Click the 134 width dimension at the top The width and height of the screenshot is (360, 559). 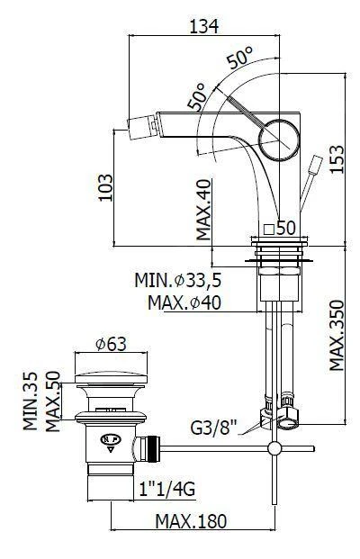coord(203,26)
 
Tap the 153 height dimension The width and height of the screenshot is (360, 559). coord(337,159)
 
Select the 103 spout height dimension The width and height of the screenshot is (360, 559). coord(104,187)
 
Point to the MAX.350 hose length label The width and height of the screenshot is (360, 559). coord(337,335)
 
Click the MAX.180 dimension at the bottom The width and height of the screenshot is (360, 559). coord(191,521)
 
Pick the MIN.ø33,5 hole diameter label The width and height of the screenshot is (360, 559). coord(178,280)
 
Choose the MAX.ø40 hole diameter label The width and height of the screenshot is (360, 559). coord(184,302)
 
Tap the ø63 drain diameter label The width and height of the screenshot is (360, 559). coord(111,344)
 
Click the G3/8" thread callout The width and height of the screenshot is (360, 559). coord(214,428)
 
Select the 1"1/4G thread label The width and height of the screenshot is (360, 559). coord(167,489)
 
